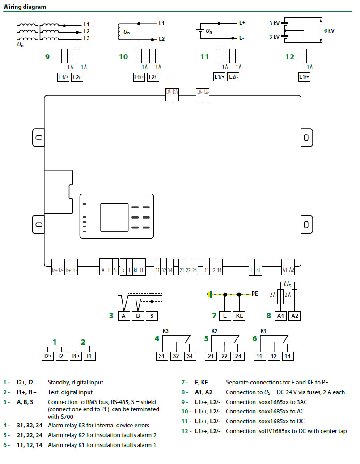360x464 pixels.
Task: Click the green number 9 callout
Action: tap(47, 57)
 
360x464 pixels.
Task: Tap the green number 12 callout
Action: tap(290, 57)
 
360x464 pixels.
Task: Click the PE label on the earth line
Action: tap(255, 294)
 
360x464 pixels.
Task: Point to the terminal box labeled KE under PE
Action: tap(240, 316)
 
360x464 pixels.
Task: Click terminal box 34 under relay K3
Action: tap(190, 356)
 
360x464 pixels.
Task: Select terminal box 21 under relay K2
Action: tap(211, 356)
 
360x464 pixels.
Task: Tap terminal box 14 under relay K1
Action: tap(287, 356)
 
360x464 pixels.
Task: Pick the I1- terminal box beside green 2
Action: tap(89, 356)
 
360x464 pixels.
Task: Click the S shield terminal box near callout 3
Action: tap(152, 316)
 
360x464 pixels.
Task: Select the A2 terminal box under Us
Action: tap(294, 316)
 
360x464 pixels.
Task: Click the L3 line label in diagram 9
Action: tap(87, 38)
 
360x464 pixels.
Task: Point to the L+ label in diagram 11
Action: tap(242, 22)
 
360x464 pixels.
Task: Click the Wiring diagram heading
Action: tap(25, 7)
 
